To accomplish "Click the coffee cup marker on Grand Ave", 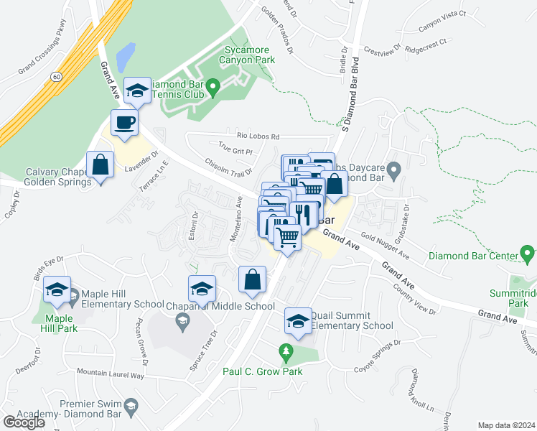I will (x=124, y=123).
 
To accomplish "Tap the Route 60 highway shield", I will (x=55, y=75).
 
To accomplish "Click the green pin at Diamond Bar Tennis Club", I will (x=213, y=88).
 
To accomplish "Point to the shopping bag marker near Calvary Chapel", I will (x=101, y=164).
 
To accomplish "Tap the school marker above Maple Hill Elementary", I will (x=57, y=289).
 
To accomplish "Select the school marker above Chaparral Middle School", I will (x=202, y=289).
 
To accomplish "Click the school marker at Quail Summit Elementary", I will (x=298, y=321).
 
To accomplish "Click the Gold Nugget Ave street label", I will (x=385, y=246).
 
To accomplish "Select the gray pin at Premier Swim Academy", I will (x=130, y=407).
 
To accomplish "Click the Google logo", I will (x=24, y=422).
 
